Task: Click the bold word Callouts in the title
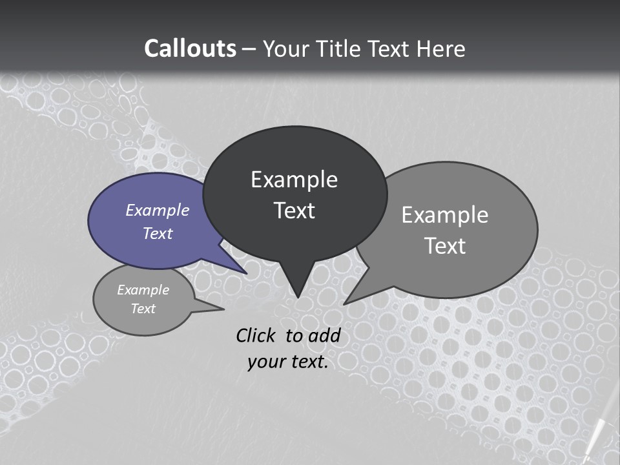point(190,48)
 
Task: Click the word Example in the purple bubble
point(158,210)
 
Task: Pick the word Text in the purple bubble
point(158,233)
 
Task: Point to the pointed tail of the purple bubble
point(245,273)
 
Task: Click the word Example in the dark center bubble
point(294,180)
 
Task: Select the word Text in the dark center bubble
point(294,211)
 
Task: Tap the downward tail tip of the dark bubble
point(298,296)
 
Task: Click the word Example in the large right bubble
point(445,215)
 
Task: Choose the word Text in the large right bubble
point(445,246)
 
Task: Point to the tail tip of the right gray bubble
point(345,303)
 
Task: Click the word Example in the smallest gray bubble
point(143,290)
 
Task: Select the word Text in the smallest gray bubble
point(143,309)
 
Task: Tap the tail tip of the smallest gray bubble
point(223,309)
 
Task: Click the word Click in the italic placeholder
point(255,335)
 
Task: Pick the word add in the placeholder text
point(324,335)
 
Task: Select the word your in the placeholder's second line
point(264,362)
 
